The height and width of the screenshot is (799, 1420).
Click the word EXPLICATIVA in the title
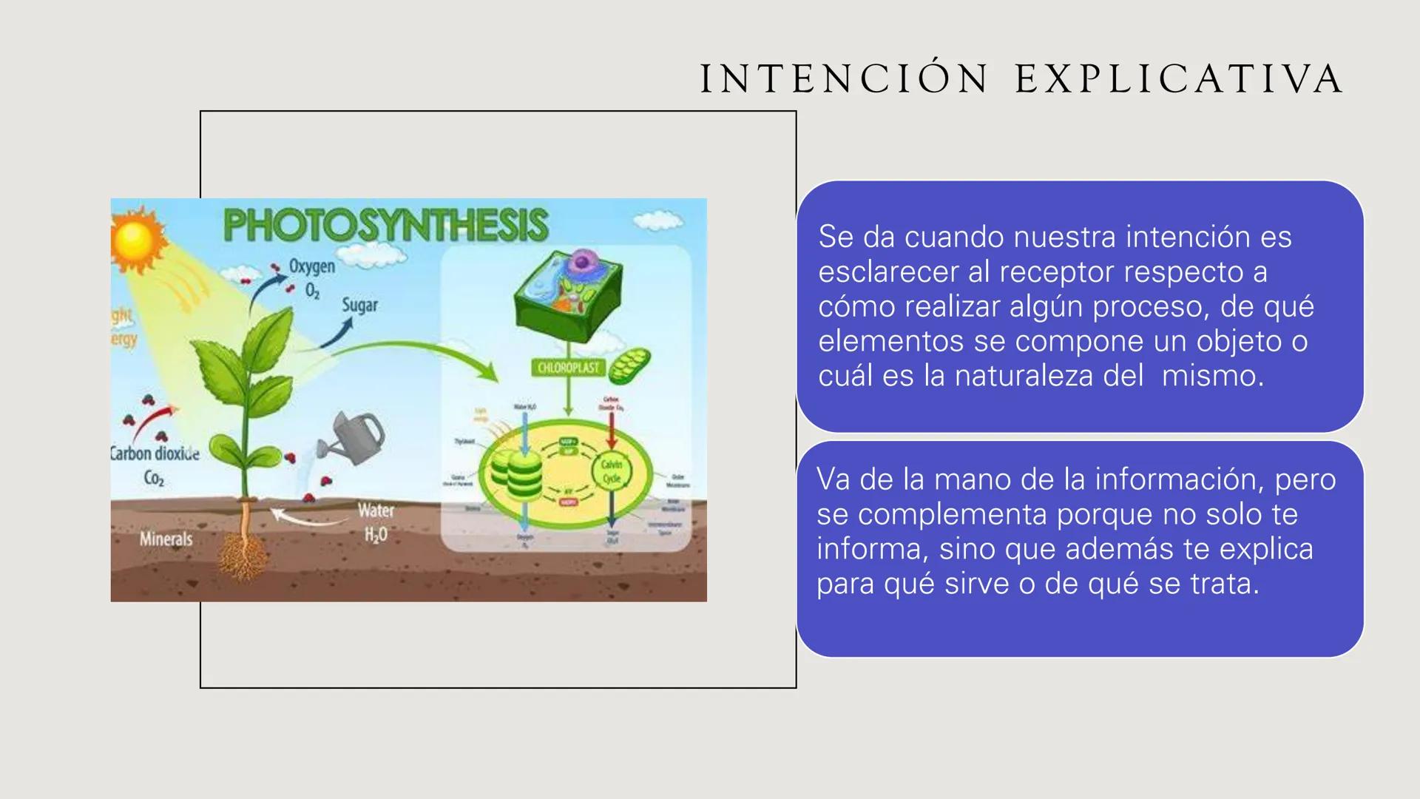click(1179, 79)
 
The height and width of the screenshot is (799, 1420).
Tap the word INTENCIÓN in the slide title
click(844, 79)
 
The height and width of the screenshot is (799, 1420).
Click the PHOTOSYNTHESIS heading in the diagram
click(385, 225)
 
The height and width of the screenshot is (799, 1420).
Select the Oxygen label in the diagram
click(311, 266)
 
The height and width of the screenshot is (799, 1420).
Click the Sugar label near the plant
click(359, 305)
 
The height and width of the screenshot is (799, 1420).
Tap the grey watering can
click(353, 438)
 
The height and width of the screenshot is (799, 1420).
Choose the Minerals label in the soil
click(166, 539)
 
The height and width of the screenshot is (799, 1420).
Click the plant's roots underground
click(243, 551)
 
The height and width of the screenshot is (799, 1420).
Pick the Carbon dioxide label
click(155, 454)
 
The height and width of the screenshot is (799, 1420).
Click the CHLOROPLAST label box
click(568, 368)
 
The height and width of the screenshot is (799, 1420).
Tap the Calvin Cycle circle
click(612, 471)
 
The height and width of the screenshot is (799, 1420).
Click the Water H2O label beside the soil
click(376, 522)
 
